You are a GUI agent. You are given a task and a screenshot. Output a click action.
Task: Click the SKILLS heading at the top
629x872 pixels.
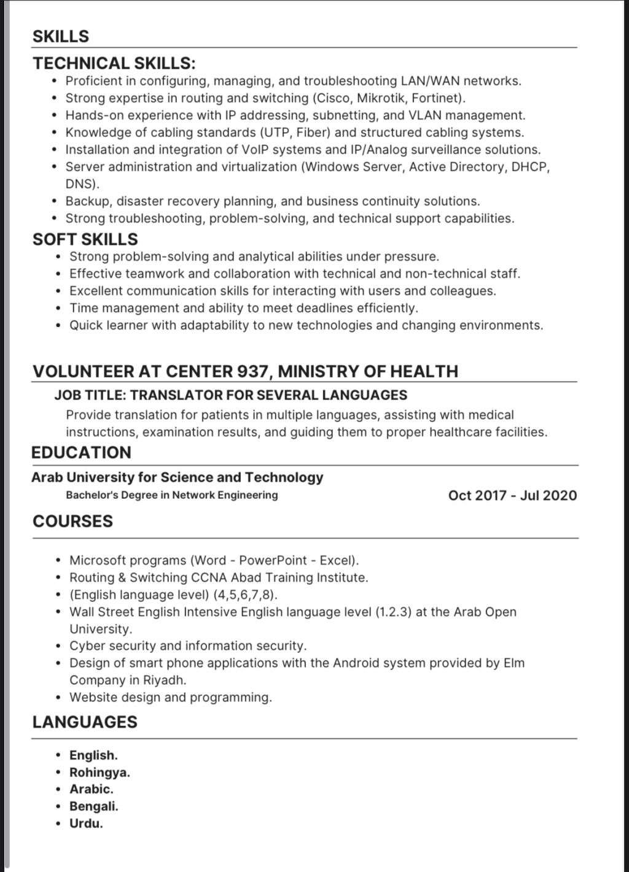(61, 36)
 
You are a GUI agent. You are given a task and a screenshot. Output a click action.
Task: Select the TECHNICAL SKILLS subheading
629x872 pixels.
(114, 63)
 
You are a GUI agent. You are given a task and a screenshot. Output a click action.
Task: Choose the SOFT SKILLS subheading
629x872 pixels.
(85, 239)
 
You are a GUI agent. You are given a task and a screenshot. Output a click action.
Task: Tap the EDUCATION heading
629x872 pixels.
(81, 453)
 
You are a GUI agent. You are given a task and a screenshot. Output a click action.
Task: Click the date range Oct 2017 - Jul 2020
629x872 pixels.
(512, 495)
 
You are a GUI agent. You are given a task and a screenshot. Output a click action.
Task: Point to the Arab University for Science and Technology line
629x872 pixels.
(178, 477)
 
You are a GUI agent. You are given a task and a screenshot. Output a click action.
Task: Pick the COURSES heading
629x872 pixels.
(72, 522)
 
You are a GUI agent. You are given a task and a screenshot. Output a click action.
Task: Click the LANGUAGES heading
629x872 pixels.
(85, 722)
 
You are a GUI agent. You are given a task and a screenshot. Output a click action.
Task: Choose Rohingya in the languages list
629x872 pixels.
(99, 773)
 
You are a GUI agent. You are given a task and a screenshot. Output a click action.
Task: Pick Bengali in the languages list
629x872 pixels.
(93, 806)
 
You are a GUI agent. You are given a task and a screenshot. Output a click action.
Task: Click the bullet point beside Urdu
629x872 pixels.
(58, 824)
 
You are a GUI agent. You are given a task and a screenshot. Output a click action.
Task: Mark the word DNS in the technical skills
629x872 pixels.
(80, 184)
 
